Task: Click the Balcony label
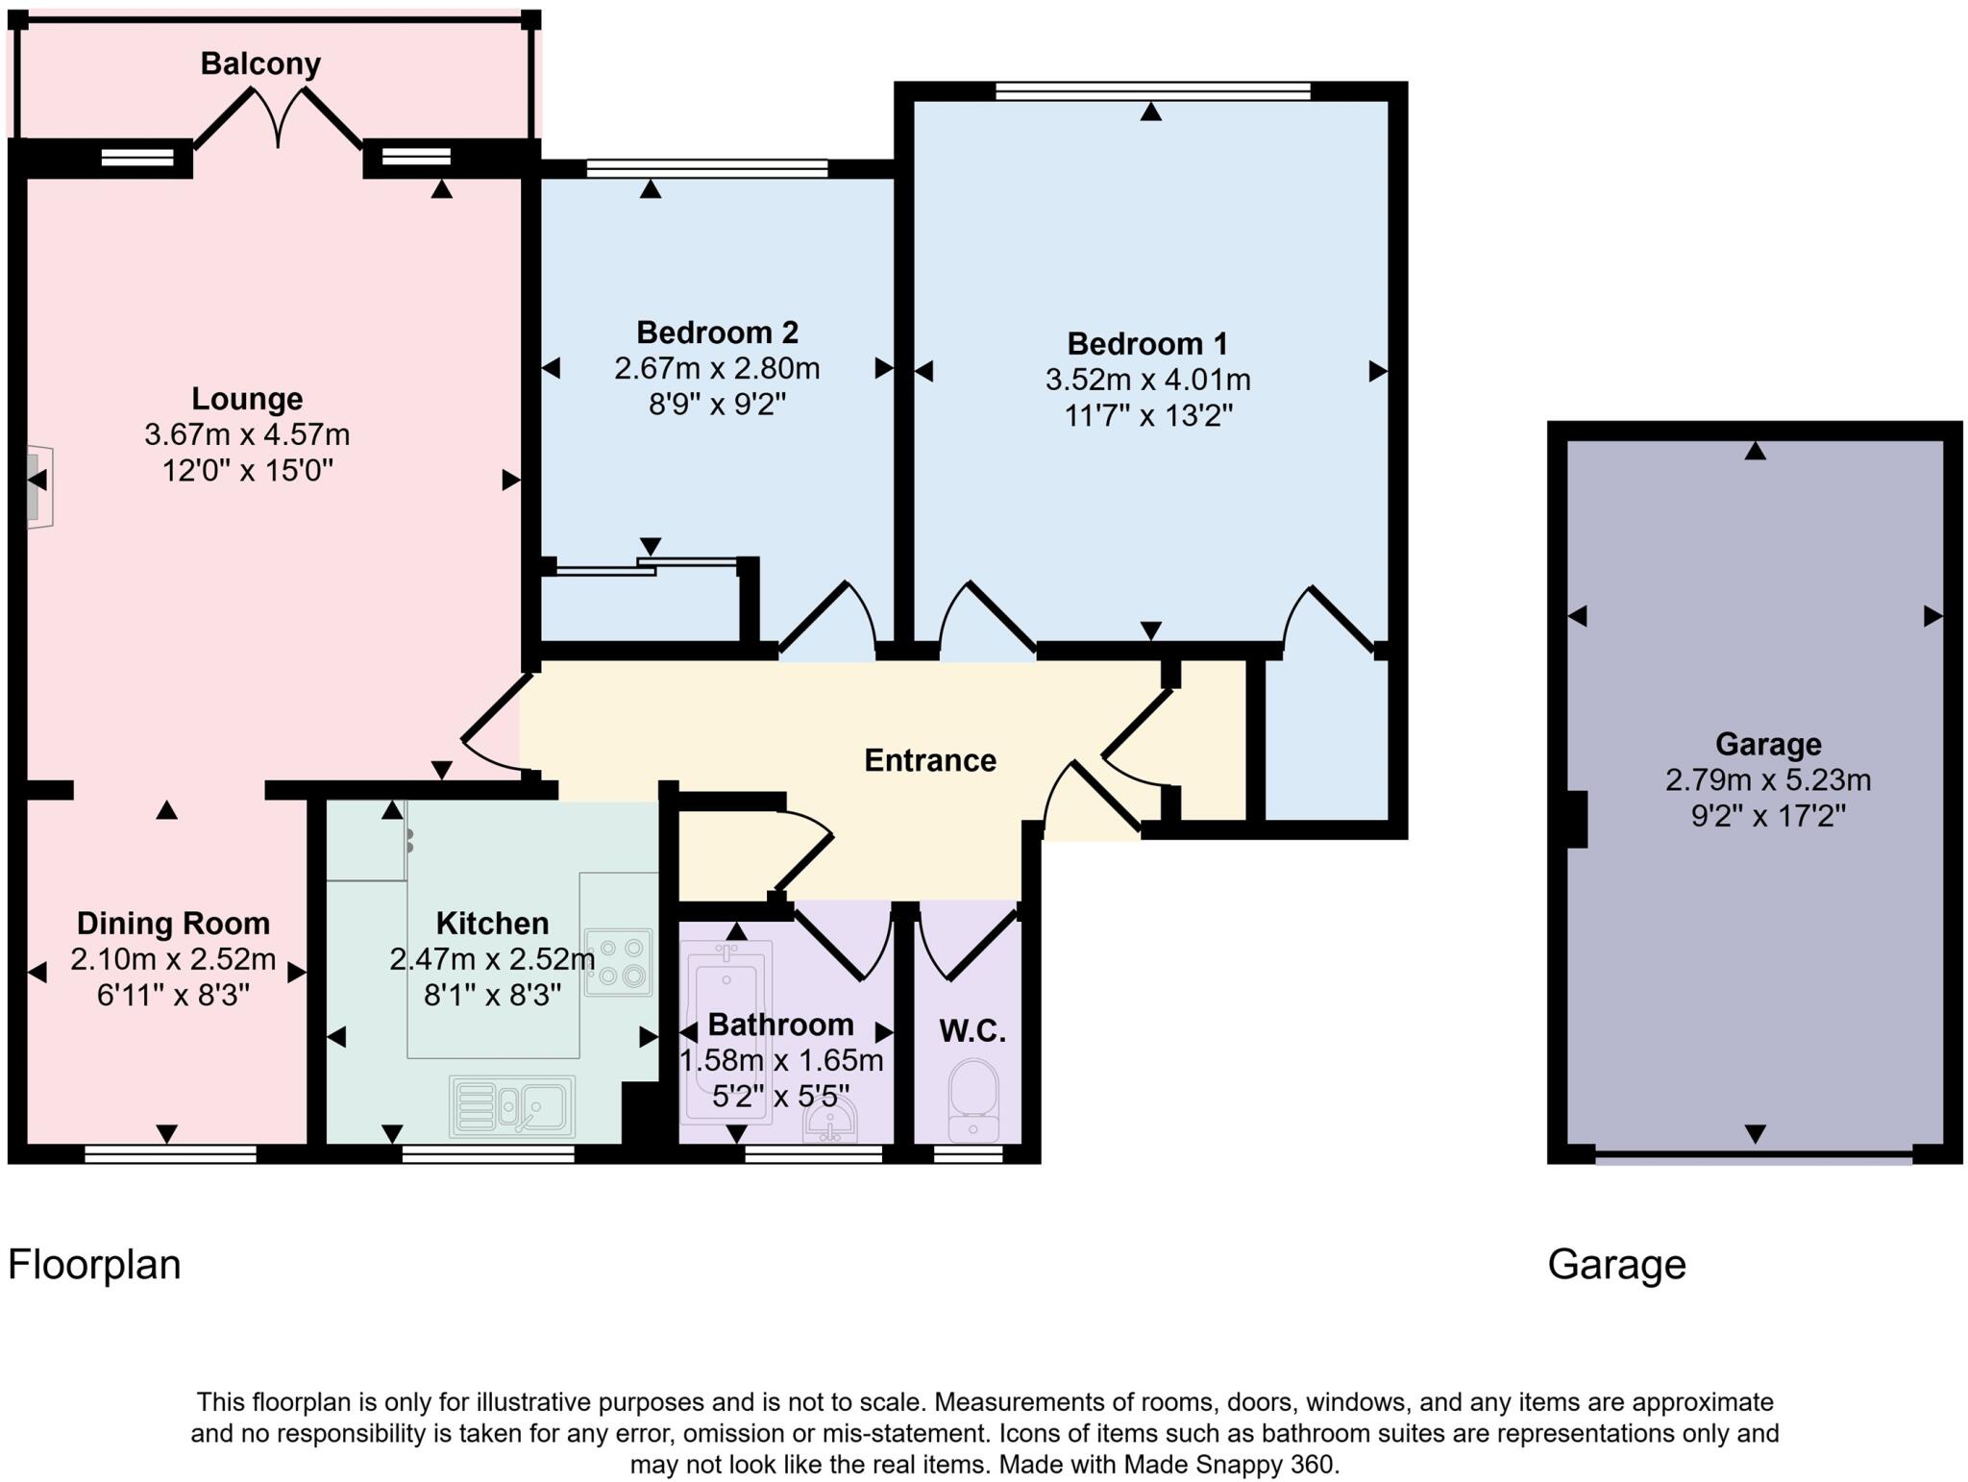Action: (x=260, y=63)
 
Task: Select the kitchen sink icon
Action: (x=512, y=1105)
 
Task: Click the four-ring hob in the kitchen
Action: (x=618, y=962)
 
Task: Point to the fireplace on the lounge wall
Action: (x=38, y=485)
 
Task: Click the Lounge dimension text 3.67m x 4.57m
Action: (x=247, y=435)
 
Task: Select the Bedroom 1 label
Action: (x=1147, y=344)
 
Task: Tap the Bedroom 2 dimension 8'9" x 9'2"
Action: (x=717, y=405)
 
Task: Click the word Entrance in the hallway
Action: (x=929, y=761)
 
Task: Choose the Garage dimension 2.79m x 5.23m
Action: (x=1767, y=779)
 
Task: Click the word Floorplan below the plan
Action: (x=94, y=1265)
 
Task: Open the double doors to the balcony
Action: (x=279, y=120)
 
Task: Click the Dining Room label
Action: (x=173, y=924)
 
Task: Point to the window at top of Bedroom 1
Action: (x=1152, y=91)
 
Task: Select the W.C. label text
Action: (x=972, y=1032)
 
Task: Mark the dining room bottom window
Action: (x=170, y=1154)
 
